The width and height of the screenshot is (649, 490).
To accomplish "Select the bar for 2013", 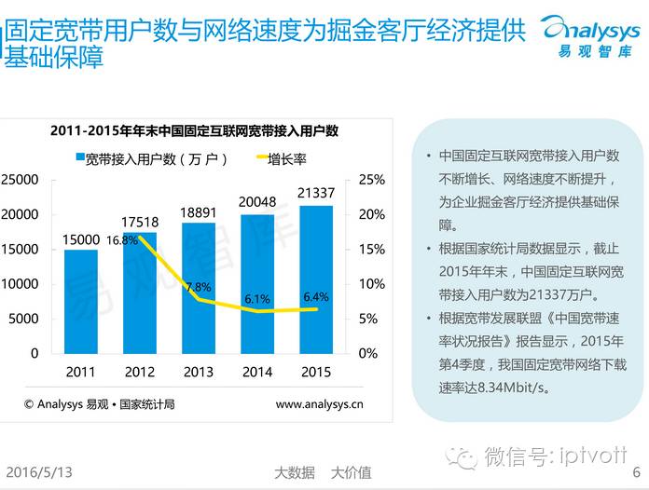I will tap(198, 288).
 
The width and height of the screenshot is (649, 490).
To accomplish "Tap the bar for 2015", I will tap(315, 279).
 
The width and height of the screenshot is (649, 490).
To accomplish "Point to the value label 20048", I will tap(256, 202).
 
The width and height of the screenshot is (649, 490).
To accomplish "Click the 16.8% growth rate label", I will tap(121, 239).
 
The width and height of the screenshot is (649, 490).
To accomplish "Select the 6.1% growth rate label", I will tap(257, 299).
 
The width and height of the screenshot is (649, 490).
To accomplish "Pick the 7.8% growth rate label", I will tap(198, 287).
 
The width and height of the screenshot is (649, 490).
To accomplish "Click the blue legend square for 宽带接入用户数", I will tap(80, 158).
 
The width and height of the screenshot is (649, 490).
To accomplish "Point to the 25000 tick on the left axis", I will tap(20, 179).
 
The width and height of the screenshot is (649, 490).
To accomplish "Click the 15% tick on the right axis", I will tap(371, 249).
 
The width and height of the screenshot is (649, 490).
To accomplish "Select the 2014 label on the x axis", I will tap(256, 372).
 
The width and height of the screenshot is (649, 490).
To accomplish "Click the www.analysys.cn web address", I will tap(319, 404).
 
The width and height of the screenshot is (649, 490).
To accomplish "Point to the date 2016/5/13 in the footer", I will tap(40, 472).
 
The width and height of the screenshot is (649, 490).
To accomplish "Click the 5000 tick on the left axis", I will tap(23, 319).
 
